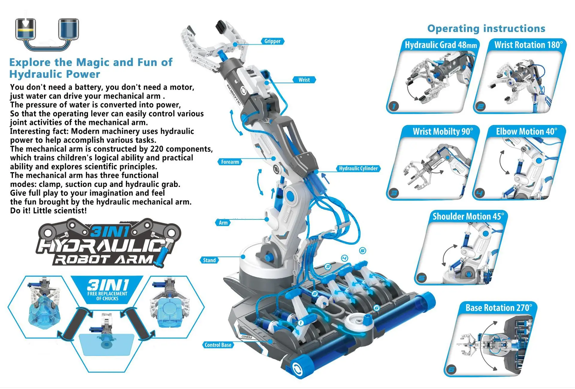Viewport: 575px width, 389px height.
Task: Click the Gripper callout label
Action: click(272, 41)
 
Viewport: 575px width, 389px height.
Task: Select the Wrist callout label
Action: click(304, 80)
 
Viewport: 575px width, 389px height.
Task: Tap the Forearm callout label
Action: click(230, 162)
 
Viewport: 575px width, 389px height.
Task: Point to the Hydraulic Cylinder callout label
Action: click(358, 169)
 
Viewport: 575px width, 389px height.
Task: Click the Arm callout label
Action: click(223, 223)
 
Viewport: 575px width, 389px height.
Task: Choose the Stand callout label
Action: click(209, 260)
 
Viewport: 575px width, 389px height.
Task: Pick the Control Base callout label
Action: click(218, 345)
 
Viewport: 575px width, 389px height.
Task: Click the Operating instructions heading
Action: click(486, 28)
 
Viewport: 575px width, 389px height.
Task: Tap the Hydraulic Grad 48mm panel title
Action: click(441, 45)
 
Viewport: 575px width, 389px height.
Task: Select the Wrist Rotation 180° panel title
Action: click(529, 45)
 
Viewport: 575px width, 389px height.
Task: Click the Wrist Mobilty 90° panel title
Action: click(443, 131)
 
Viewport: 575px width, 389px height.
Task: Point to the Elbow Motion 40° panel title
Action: click(526, 131)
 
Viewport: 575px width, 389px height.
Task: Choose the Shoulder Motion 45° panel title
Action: click(468, 216)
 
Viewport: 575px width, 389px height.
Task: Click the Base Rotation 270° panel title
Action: click(499, 308)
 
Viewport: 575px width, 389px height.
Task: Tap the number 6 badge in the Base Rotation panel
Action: click(451, 370)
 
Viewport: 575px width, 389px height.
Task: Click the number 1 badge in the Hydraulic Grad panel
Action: click(394, 106)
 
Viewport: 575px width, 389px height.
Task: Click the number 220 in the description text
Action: click(157, 149)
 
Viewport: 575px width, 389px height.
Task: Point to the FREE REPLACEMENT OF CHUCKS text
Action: click(107, 296)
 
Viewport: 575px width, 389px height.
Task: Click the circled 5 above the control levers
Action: click(363, 250)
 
